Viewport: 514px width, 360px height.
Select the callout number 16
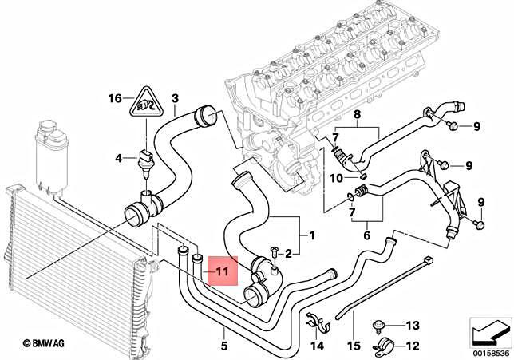[116, 98]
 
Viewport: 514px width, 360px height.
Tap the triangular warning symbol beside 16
[144, 100]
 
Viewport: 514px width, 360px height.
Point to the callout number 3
[174, 98]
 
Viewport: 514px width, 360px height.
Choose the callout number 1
[311, 237]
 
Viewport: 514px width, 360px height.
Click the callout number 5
[224, 346]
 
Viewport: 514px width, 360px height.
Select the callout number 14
[318, 346]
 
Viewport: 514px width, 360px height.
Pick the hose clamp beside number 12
[382, 346]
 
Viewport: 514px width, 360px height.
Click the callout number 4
[119, 157]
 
